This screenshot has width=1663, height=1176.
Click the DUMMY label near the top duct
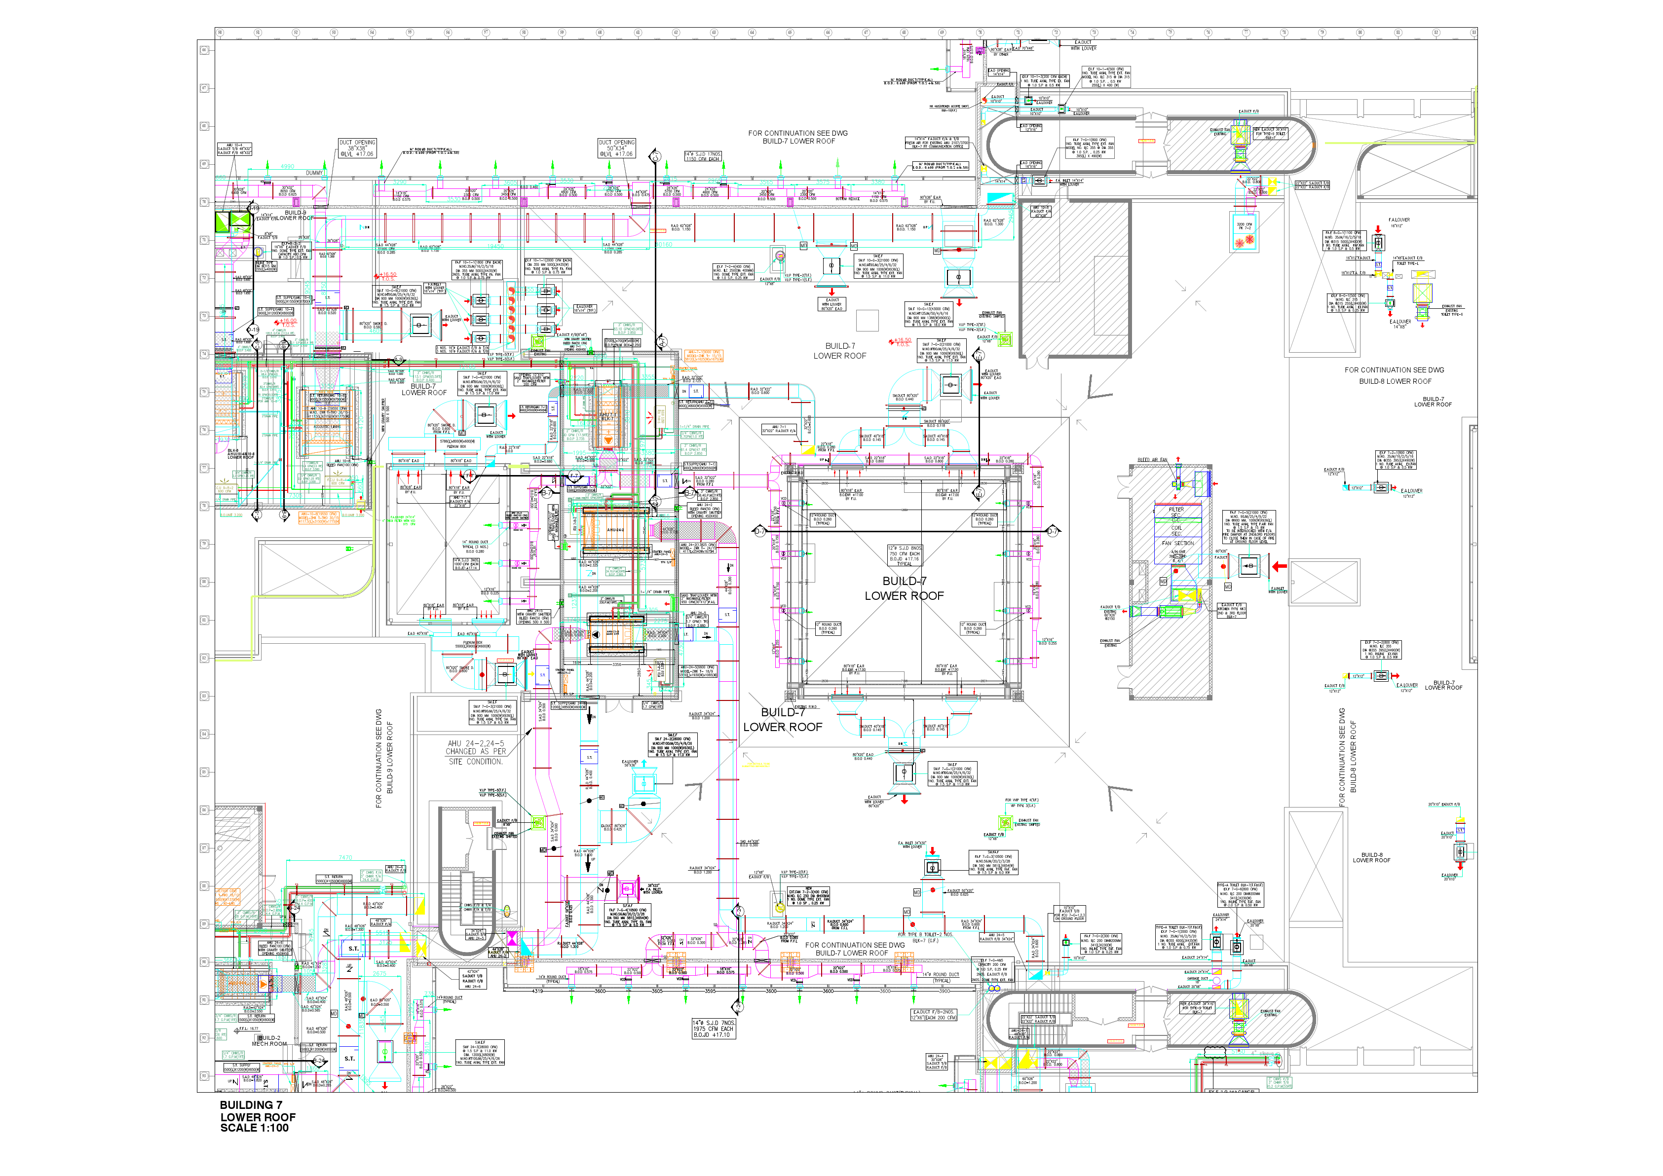pyautogui.click(x=314, y=173)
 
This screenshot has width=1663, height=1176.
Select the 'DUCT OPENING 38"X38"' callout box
pyautogui.click(x=357, y=147)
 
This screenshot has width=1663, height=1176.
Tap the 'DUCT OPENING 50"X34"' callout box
pyautogui.click(x=616, y=147)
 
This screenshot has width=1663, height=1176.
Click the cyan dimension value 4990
pyautogui.click(x=288, y=167)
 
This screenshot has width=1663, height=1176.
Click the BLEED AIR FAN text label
pyautogui.click(x=1152, y=460)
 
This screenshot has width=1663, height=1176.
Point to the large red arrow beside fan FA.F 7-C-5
pyautogui.click(x=1279, y=566)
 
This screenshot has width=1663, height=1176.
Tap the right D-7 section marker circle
pyautogui.click(x=1053, y=531)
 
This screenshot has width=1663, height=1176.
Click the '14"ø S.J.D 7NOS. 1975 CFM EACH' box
pyautogui.click(x=714, y=1029)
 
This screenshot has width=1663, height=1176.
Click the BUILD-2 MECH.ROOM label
pyautogui.click(x=269, y=1040)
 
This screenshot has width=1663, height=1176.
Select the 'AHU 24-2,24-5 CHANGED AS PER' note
pyautogui.click(x=475, y=752)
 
